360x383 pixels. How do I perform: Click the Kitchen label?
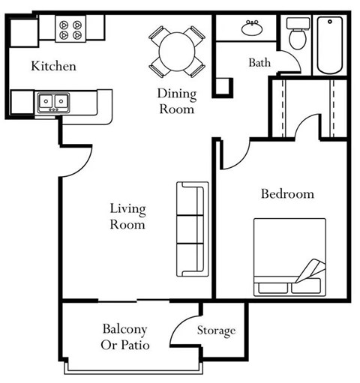point(53,67)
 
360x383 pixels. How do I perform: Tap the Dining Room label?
point(176,101)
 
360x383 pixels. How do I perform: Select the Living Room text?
point(127,216)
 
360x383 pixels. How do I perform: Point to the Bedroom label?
point(286,194)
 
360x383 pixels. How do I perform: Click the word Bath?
point(259,63)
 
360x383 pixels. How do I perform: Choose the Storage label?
point(216,331)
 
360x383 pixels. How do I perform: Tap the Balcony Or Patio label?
point(124,337)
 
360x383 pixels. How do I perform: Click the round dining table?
point(177,50)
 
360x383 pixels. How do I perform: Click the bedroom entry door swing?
point(233,154)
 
